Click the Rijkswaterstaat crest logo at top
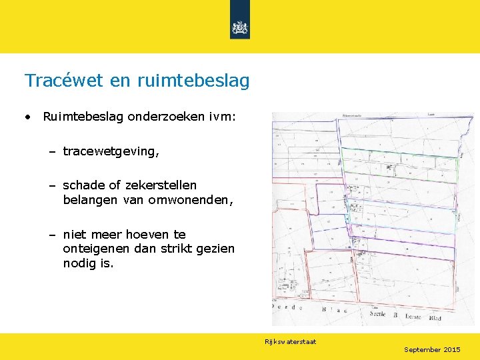click(x=239, y=27)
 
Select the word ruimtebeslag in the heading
click(x=193, y=81)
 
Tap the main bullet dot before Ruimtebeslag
click(x=28, y=117)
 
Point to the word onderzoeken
click(x=165, y=117)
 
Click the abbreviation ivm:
click(x=220, y=117)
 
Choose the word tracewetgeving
click(x=111, y=151)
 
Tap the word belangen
click(x=88, y=199)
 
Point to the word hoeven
click(x=147, y=234)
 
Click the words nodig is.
click(x=88, y=263)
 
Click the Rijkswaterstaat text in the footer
click(x=290, y=342)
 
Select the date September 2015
click(x=432, y=349)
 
